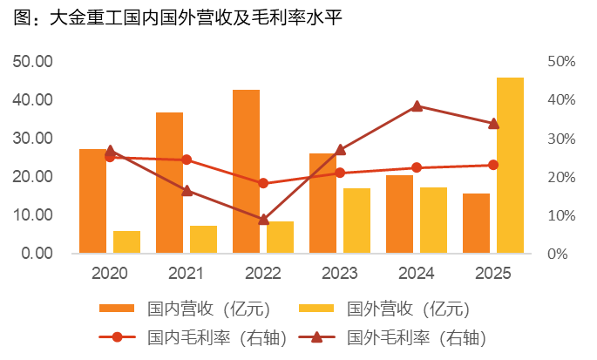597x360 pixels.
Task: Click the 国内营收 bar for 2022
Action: (246, 172)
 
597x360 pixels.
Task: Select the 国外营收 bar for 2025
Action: (510, 166)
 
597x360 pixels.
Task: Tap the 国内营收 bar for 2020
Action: (92, 201)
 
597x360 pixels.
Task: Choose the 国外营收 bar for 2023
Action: (356, 221)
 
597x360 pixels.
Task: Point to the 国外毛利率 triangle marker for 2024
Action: (417, 106)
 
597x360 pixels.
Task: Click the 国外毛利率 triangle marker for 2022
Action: (263, 219)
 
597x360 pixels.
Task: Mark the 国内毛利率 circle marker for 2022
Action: (263, 183)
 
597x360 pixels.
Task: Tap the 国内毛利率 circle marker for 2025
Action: (493, 165)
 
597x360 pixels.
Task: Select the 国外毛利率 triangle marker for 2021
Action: (187, 190)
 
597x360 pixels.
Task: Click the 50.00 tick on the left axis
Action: (32, 62)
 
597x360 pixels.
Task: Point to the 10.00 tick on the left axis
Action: (32, 215)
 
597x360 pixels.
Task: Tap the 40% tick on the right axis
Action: (560, 100)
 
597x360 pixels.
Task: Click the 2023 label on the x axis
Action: (340, 274)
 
